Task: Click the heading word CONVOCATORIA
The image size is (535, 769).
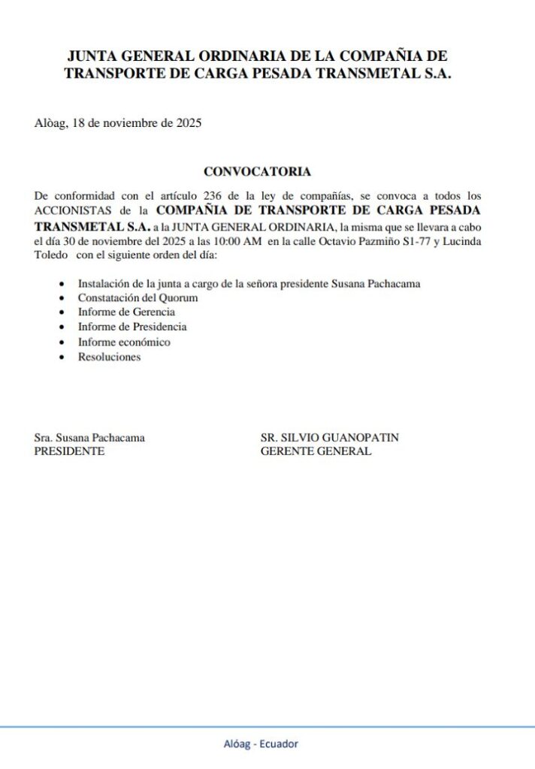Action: [257, 172]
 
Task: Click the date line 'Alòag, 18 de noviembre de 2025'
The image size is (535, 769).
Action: [118, 123]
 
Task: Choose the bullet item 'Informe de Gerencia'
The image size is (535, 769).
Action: [126, 312]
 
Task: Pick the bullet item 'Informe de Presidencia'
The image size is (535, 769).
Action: [132, 327]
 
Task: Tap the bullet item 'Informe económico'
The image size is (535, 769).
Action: [124, 342]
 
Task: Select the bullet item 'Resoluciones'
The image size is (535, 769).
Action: [109, 357]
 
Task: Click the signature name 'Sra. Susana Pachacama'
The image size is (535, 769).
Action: [90, 437]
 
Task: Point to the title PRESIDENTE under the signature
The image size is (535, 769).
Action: [70, 451]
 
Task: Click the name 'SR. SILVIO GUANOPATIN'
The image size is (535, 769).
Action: [330, 437]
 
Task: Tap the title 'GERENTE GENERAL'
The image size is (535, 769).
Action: [316, 451]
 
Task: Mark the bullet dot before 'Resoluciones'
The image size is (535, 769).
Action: [61, 358]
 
